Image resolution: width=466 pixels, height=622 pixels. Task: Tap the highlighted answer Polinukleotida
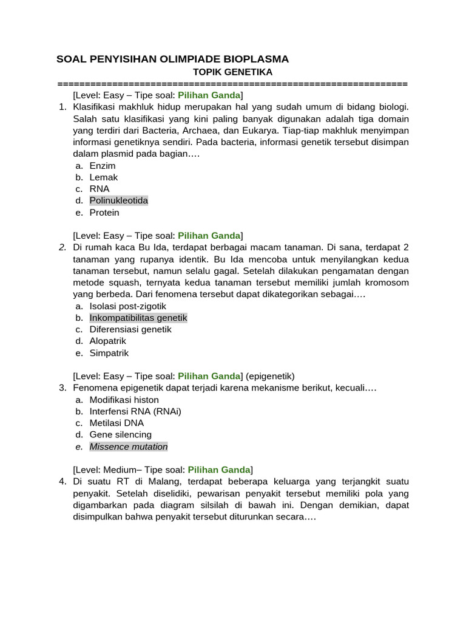(x=118, y=200)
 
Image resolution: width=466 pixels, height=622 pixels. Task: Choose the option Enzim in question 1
(x=102, y=166)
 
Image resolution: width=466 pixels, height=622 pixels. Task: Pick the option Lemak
(x=103, y=177)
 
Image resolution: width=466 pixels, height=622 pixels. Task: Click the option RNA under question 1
(x=100, y=189)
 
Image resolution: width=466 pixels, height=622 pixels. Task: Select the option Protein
(x=104, y=213)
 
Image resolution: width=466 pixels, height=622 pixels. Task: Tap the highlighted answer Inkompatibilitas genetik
(x=138, y=318)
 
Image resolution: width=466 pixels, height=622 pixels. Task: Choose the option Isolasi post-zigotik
(x=127, y=306)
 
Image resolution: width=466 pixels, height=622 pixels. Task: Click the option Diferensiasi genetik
(x=130, y=329)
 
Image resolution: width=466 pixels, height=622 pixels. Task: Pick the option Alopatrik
(x=107, y=341)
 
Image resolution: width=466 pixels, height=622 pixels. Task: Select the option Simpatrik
(x=109, y=353)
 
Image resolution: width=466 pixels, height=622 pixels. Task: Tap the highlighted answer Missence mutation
(x=128, y=446)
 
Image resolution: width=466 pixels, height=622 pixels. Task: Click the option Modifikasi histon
(x=124, y=400)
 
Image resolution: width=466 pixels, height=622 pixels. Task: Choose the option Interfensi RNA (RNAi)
(x=135, y=411)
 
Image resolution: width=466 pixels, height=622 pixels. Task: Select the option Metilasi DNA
(x=116, y=423)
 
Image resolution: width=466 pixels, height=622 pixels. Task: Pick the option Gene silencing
(x=120, y=434)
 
